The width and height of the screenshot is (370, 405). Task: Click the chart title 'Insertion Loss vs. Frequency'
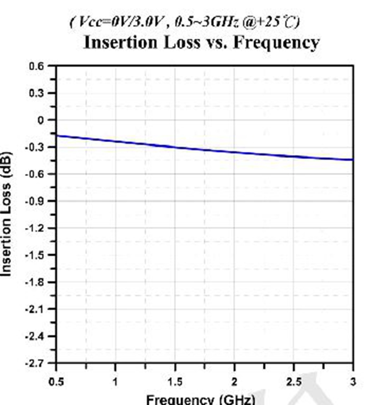(201, 42)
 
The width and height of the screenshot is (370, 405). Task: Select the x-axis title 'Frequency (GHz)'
(201, 400)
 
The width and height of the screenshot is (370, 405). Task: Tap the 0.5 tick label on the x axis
(56, 382)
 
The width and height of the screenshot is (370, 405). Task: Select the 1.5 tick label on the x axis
(175, 382)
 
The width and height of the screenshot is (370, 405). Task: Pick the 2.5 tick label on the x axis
(293, 382)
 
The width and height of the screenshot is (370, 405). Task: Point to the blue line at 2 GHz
(234, 152)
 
